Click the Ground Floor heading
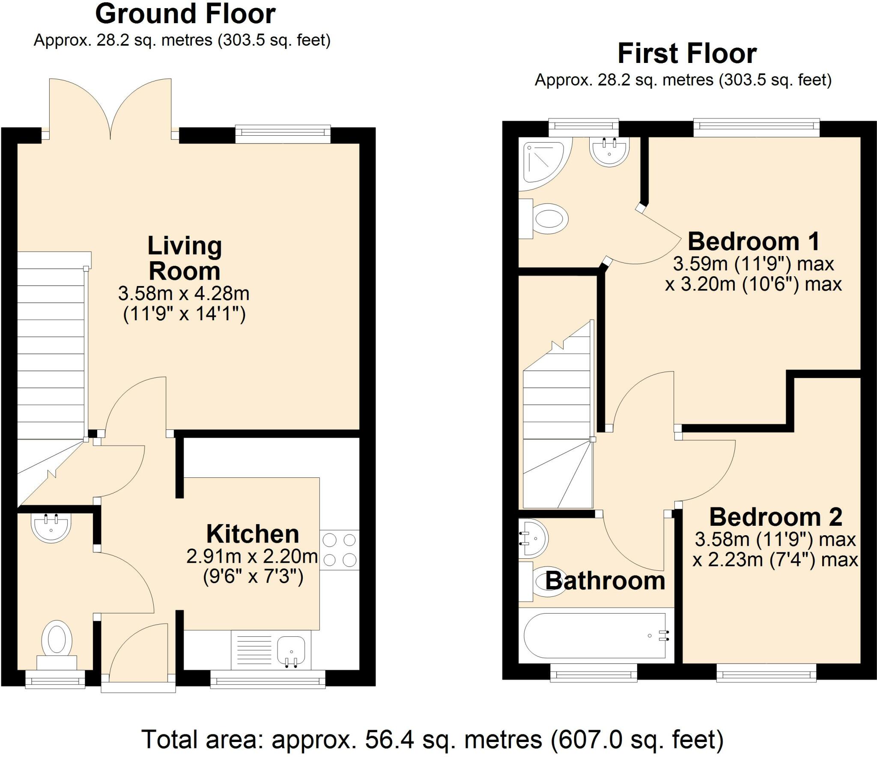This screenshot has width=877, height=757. [185, 14]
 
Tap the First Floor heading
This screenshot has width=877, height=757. [687, 54]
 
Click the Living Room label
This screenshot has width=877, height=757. [185, 258]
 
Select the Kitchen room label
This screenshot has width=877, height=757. [253, 534]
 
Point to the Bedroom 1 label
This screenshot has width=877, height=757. [754, 241]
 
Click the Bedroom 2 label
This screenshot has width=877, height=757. [776, 517]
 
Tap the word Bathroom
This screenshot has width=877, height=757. [605, 581]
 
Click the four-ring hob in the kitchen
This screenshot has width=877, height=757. [340, 550]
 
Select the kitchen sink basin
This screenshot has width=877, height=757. [291, 651]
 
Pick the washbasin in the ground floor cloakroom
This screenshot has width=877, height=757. [51, 528]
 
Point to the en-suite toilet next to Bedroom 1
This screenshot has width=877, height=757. [544, 219]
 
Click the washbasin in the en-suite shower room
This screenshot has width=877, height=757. [609, 151]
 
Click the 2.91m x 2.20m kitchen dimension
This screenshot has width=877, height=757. [253, 566]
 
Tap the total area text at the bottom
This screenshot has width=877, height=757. [433, 739]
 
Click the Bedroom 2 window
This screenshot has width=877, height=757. [767, 671]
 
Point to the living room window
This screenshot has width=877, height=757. [283, 134]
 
